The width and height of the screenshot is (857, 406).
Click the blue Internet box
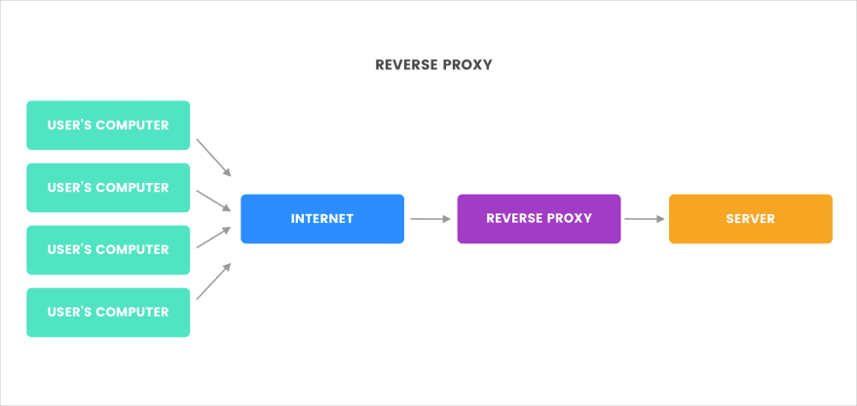(x=321, y=219)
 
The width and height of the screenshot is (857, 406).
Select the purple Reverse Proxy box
(x=539, y=219)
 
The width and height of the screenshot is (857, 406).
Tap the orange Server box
(x=750, y=219)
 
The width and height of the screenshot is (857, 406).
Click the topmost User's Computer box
(x=108, y=126)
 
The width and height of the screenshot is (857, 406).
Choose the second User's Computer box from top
(x=108, y=188)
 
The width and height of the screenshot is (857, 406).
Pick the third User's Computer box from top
(x=108, y=250)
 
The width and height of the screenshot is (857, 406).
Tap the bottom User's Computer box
(x=108, y=313)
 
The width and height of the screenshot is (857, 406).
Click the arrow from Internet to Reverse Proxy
(x=429, y=219)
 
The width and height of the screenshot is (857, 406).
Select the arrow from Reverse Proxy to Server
(x=644, y=219)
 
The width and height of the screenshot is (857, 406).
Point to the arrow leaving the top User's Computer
(x=213, y=157)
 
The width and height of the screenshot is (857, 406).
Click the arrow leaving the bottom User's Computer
(x=213, y=280)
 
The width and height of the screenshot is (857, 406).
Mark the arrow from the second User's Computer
(x=213, y=200)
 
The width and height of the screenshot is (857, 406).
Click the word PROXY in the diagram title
(x=467, y=65)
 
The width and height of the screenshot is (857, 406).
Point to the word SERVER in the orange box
(x=750, y=219)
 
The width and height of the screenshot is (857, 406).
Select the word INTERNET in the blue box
(x=321, y=219)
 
